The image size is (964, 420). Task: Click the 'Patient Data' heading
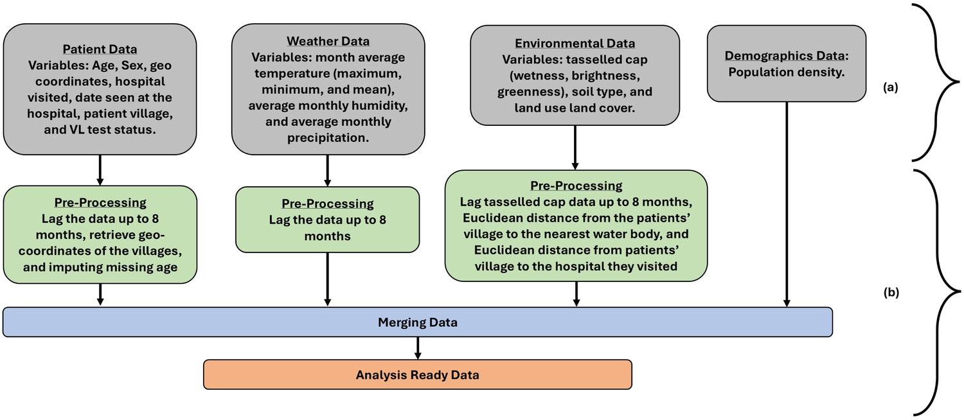click(100, 49)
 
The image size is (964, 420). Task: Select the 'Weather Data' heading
click(328, 42)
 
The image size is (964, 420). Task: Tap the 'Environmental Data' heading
click(575, 44)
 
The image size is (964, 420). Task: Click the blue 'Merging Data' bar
click(418, 322)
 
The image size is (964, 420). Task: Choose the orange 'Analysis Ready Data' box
click(418, 374)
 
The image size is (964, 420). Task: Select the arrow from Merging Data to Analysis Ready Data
click(418, 347)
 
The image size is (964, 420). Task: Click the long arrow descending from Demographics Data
click(786, 206)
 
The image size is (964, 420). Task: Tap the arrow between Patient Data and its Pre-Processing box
click(100, 170)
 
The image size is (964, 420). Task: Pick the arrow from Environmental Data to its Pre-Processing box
click(575, 148)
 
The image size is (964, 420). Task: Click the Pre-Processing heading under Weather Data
click(328, 204)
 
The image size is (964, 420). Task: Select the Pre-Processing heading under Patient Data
click(100, 203)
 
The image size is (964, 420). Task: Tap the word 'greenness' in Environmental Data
click(525, 92)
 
